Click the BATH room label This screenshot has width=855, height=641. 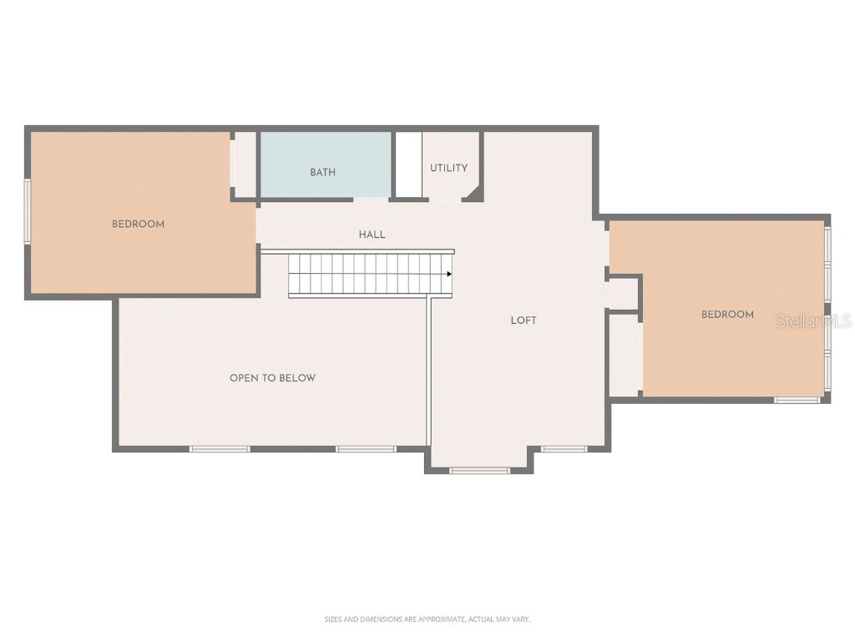[323, 173]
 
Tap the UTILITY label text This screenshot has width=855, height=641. [448, 168]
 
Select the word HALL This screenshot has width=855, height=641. [372, 235]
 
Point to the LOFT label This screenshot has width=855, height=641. [524, 320]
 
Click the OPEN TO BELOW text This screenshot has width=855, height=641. [272, 378]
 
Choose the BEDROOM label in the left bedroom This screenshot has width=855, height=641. [138, 224]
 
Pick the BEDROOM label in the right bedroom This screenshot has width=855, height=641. [727, 315]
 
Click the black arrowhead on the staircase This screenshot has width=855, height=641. [449, 274]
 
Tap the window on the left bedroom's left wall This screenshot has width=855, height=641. [27, 211]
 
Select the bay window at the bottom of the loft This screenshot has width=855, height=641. [479, 471]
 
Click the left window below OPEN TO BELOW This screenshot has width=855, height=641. [220, 449]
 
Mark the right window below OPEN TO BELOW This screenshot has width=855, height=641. [366, 449]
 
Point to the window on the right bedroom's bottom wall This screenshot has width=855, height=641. [798, 400]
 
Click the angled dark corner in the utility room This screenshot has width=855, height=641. [473, 194]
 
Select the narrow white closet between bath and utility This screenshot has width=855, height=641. [408, 164]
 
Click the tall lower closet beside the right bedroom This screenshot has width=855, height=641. [624, 355]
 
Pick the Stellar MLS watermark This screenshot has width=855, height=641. [813, 320]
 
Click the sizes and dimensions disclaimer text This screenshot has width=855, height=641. [427, 619]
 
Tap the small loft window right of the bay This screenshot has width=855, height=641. [564, 449]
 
